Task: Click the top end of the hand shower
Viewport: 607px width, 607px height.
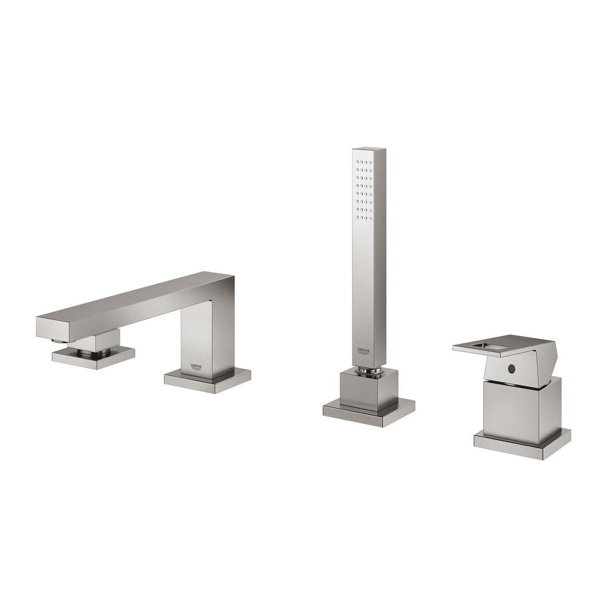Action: [x=364, y=154]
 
